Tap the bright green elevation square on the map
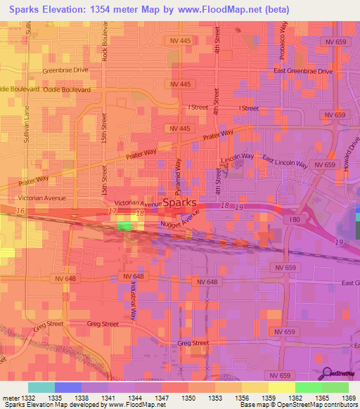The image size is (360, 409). (x=124, y=226)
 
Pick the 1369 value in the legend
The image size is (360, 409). (x=349, y=398)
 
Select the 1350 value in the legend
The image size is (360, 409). (x=189, y=398)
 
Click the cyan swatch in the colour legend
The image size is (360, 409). (x=41, y=387)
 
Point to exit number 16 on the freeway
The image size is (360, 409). (x=20, y=210)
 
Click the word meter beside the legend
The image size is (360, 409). (x=10, y=398)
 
